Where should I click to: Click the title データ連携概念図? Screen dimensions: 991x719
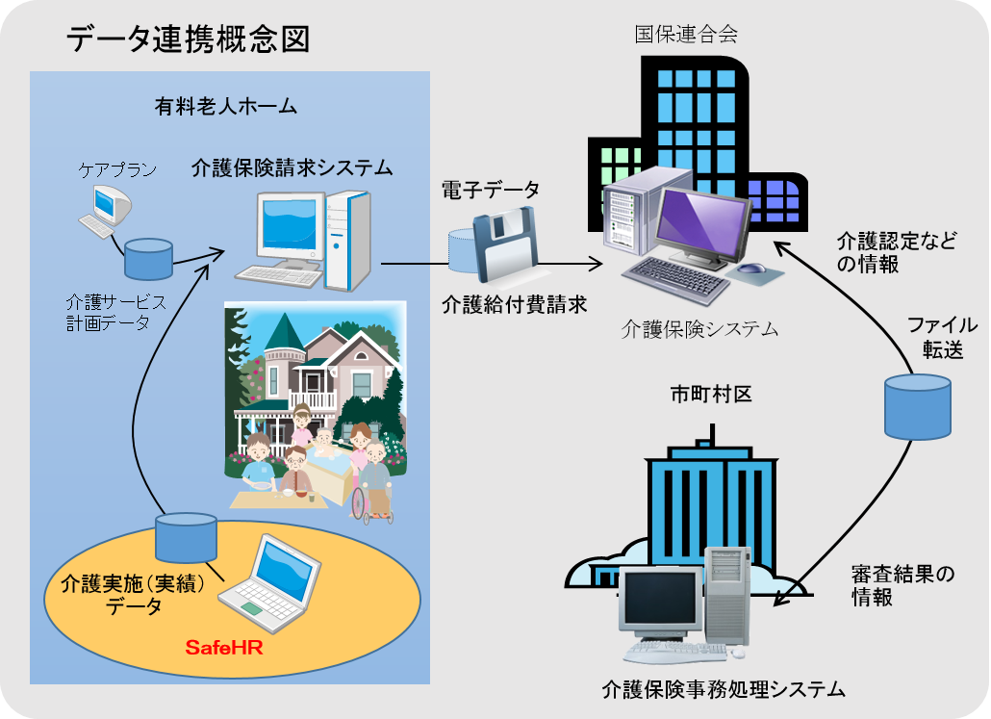click(x=188, y=39)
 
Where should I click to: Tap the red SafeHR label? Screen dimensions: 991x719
click(x=224, y=648)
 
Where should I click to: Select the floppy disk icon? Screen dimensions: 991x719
click(x=506, y=244)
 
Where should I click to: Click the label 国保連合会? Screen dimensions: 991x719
click(x=686, y=34)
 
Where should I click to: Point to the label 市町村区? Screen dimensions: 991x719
click(x=711, y=395)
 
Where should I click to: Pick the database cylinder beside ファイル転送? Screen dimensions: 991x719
click(x=917, y=406)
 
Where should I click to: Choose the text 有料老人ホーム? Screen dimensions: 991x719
click(x=226, y=106)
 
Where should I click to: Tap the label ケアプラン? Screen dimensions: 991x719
click(x=117, y=168)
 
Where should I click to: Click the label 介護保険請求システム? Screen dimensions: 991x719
click(x=292, y=167)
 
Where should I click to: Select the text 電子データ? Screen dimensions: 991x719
click(x=491, y=190)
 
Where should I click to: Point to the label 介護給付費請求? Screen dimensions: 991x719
click(x=515, y=304)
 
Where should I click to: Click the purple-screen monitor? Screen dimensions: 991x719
click(x=702, y=228)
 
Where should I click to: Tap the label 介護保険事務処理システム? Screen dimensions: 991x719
click(x=724, y=688)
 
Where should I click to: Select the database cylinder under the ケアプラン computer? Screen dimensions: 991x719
click(x=148, y=259)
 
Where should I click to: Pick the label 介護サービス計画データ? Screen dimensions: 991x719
click(x=116, y=312)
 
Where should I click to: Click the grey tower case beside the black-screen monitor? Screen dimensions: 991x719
click(x=727, y=596)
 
